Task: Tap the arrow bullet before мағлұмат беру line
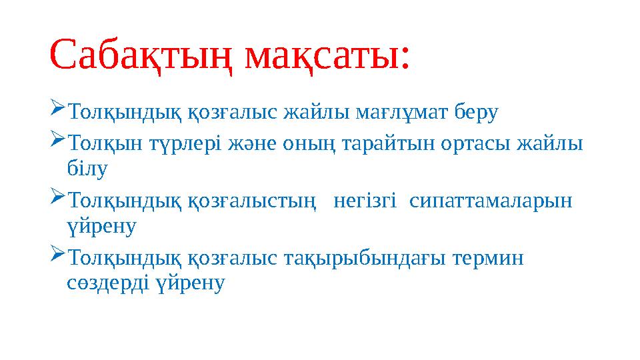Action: (x=56, y=109)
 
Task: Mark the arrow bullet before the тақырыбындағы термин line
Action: (x=56, y=254)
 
